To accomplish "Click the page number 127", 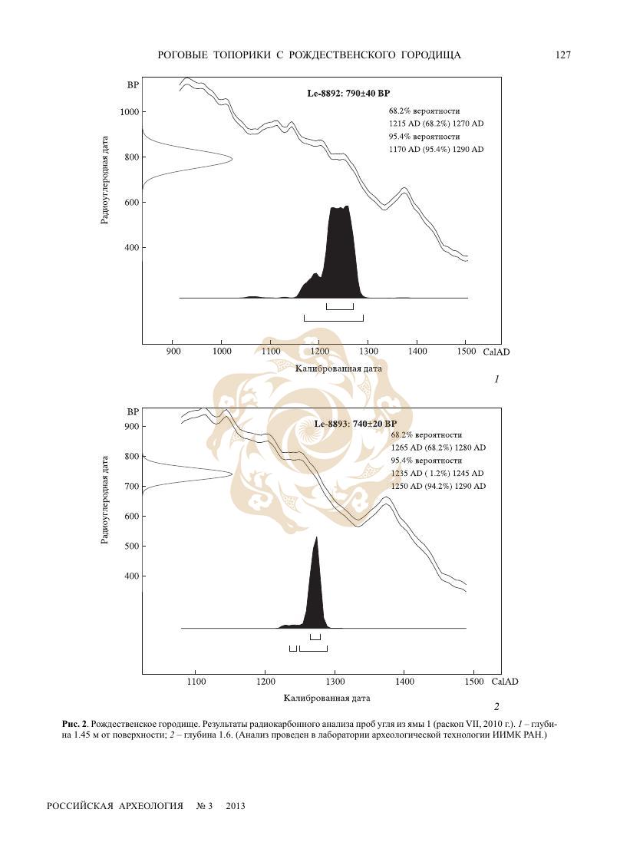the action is click(x=563, y=55).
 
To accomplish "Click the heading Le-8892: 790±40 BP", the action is click(x=348, y=94).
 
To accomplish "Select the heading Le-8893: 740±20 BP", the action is click(x=355, y=424).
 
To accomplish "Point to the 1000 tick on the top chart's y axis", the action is click(x=129, y=112).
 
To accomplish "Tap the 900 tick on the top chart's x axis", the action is click(x=173, y=352).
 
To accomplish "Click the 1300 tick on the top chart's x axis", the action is click(x=368, y=352).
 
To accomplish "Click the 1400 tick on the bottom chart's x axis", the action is click(x=404, y=682).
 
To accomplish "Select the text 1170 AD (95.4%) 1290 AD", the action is click(x=437, y=150).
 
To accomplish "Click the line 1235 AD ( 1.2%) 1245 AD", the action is click(x=438, y=474).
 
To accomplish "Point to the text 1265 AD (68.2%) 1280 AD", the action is click(x=438, y=448).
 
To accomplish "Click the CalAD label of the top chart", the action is click(x=496, y=352).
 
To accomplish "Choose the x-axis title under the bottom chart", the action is click(x=327, y=699).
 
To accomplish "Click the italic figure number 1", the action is click(x=496, y=379).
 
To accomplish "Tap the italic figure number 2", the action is click(x=496, y=706).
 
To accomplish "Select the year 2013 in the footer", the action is click(x=236, y=807).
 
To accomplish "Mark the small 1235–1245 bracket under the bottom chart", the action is click(x=293, y=649).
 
